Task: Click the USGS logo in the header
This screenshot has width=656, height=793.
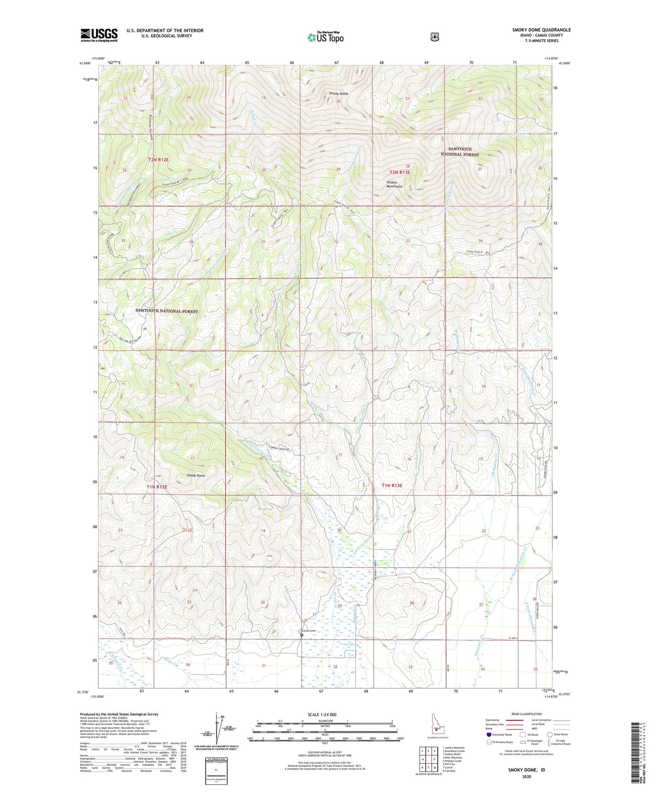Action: [x=99, y=35]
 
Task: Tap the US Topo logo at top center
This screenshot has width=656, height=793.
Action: [x=325, y=37]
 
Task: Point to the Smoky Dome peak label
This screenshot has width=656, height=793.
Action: [x=339, y=94]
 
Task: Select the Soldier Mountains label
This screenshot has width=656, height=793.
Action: [x=394, y=184]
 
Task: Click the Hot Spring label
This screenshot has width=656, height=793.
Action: [x=352, y=645]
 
